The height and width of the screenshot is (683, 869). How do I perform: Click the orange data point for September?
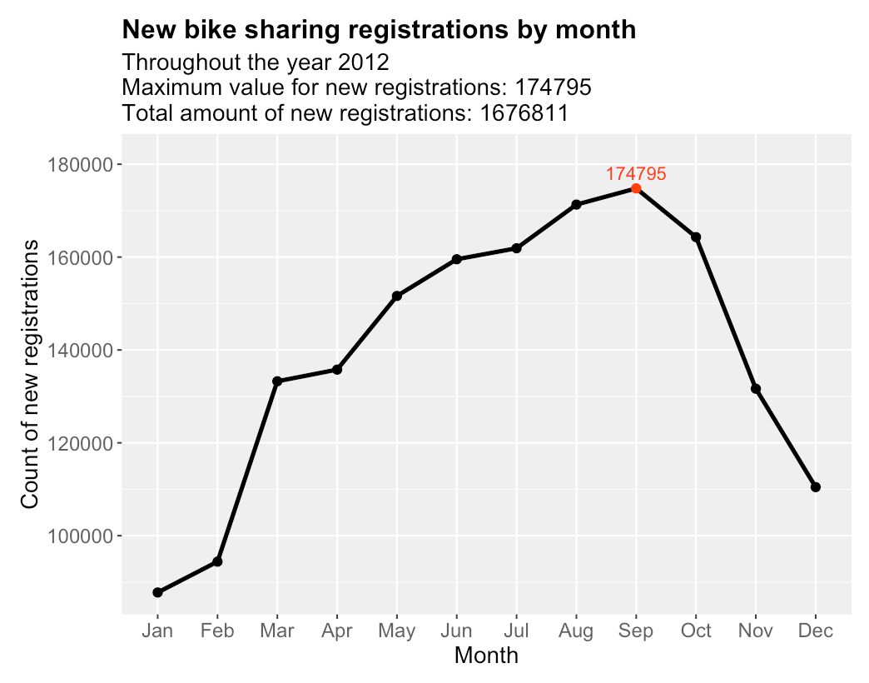(x=636, y=188)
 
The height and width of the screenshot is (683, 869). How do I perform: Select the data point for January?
(x=157, y=592)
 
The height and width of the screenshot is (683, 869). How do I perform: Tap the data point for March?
(x=277, y=381)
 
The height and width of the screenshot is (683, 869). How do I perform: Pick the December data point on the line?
(x=816, y=487)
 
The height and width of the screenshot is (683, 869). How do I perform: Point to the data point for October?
(x=696, y=237)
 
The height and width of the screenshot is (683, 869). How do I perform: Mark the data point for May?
(x=397, y=296)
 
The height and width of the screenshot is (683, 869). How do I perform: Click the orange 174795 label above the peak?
(x=636, y=174)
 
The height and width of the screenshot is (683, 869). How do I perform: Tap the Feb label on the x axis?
(x=217, y=631)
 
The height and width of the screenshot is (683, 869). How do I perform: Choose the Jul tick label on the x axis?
(x=516, y=631)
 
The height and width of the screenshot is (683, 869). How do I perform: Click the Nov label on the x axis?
(x=756, y=631)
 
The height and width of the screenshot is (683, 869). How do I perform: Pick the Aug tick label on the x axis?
(x=576, y=631)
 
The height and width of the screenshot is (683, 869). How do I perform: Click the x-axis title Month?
(x=486, y=656)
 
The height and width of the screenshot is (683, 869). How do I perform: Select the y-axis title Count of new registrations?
(x=30, y=374)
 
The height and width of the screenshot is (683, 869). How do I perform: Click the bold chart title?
(x=379, y=30)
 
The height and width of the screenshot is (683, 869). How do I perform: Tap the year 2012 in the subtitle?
(x=363, y=63)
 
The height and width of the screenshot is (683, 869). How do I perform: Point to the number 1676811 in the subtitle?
(x=525, y=113)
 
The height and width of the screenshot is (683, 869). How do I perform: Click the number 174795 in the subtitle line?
(x=554, y=88)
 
